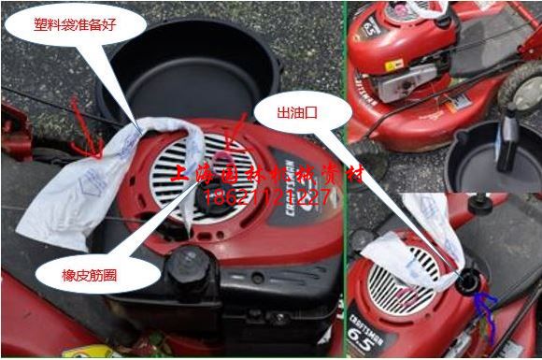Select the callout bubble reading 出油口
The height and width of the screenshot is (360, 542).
(x=302, y=113)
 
